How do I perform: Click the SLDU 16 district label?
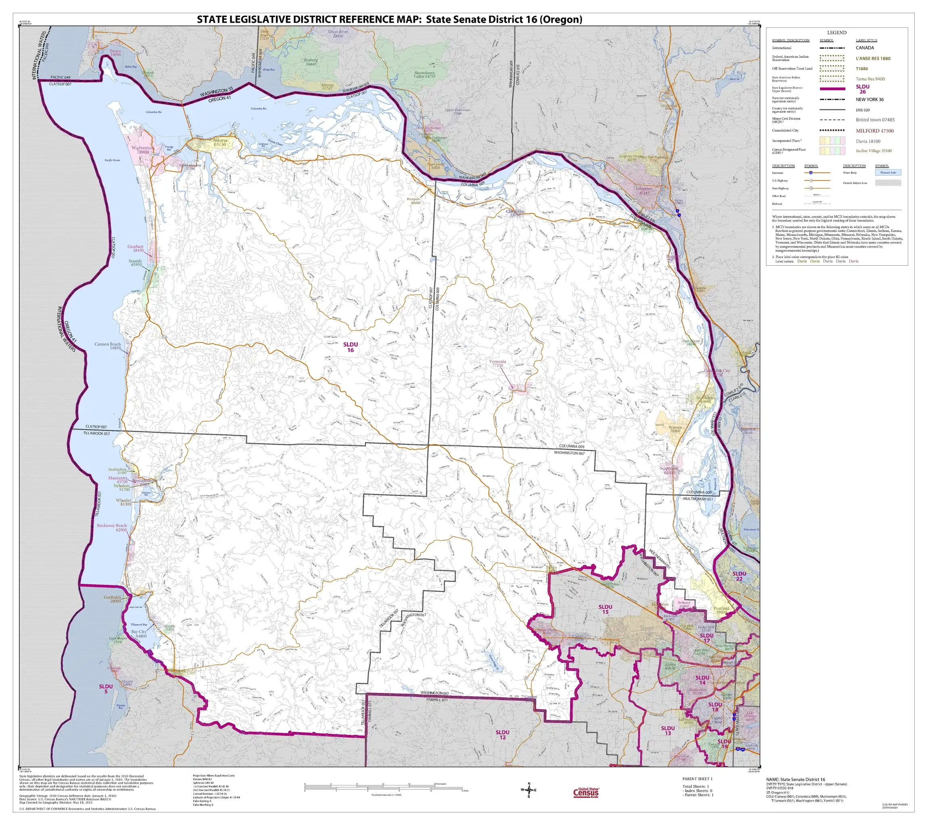pos(350,347)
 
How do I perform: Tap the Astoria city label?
pos(220,142)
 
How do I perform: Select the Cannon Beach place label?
pos(108,346)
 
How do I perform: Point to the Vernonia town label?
pos(497,363)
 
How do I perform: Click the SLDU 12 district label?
pos(502,735)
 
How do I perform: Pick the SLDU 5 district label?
pos(106,689)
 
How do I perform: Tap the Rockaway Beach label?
pos(112,527)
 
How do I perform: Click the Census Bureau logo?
pos(586,793)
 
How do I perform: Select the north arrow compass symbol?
pos(529,790)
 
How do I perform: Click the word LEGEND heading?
pos(836,33)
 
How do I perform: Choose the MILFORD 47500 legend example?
pos(874,131)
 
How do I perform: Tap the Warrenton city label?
pos(142,150)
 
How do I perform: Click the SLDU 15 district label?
pos(605,609)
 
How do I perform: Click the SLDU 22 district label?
pos(739,576)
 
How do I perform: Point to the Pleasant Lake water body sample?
pos(888,173)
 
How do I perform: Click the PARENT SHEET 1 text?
pos(697,779)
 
